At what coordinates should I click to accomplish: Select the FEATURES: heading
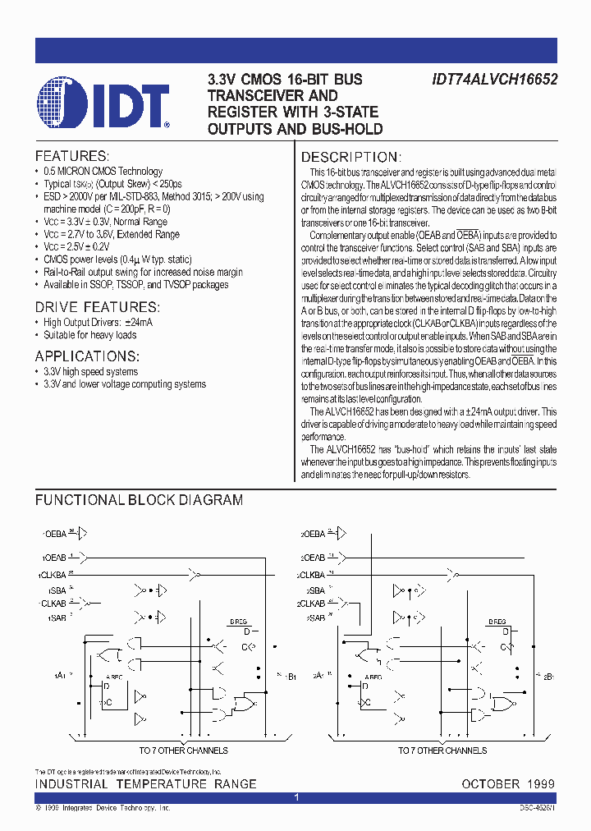pos(71,156)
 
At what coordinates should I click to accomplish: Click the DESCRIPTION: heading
pos(350,157)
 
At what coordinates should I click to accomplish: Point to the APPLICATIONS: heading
pos(87,356)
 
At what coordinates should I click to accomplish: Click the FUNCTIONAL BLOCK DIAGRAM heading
pos(139,499)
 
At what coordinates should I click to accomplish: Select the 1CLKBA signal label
pos(52,575)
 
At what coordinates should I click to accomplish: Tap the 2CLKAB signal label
pos(312,603)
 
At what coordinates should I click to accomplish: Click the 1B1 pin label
pos(291,677)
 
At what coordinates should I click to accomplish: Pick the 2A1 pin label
pos(321,675)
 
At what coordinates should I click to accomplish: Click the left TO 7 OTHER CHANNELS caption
pos(183,751)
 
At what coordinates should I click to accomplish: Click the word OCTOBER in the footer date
pos(491,784)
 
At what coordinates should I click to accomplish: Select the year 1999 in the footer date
pos(540,784)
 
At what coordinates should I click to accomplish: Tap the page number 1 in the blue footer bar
pos(296,797)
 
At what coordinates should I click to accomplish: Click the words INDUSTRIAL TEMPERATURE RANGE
pos(145,784)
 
